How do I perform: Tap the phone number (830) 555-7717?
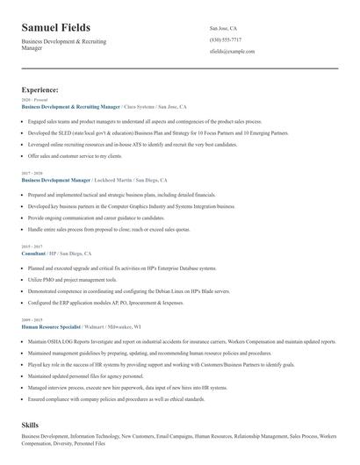click(x=227, y=39)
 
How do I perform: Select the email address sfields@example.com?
click(x=232, y=52)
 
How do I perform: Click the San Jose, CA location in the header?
click(x=223, y=28)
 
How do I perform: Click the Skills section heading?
click(x=30, y=424)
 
